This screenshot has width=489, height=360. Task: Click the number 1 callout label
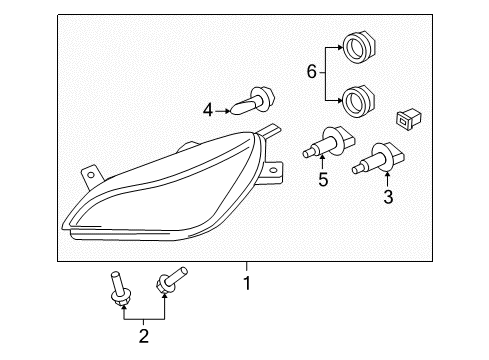tap(247, 283)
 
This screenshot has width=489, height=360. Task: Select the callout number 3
tap(388, 197)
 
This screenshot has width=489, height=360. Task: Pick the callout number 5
tap(322, 181)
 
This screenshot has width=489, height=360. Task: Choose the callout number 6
tap(311, 72)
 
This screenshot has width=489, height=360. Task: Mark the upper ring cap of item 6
tap(355, 45)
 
